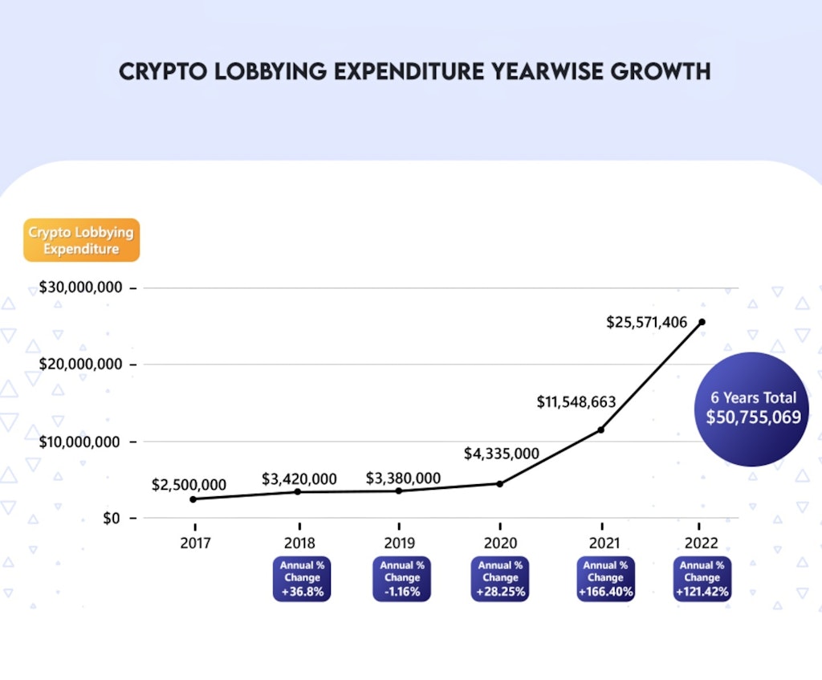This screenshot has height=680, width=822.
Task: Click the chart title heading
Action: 414,71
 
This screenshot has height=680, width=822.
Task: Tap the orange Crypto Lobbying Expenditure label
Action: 81,240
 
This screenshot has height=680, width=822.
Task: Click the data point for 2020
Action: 499,483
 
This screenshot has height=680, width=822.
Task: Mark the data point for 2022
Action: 702,322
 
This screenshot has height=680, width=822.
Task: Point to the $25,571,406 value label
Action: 647,323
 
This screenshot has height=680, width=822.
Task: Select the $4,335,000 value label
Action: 502,454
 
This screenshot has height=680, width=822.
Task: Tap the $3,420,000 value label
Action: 299,479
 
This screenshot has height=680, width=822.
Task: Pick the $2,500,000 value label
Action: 189,485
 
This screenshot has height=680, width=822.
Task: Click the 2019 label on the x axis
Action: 401,543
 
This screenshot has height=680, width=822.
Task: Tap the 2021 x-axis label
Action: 603,543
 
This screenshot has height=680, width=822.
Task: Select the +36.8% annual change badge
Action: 301,579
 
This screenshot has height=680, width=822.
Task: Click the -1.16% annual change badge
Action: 401,579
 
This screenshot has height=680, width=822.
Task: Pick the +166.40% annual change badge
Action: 606,579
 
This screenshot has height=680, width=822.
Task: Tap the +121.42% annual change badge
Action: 702,579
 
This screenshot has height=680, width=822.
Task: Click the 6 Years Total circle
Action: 752,409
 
